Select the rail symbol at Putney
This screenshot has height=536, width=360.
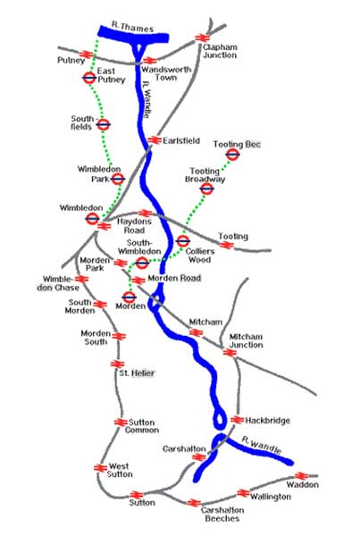[88, 54]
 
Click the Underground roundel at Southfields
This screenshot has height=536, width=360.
[103, 125]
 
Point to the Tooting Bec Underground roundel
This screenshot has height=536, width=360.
[233, 155]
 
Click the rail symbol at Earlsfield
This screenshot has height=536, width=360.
[153, 140]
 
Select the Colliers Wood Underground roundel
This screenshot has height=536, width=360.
[182, 241]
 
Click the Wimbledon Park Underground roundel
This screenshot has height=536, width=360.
[117, 179]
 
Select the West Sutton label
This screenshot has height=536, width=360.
[118, 471]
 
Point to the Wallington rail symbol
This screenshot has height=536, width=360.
[242, 492]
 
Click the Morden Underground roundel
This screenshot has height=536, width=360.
[129, 297]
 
